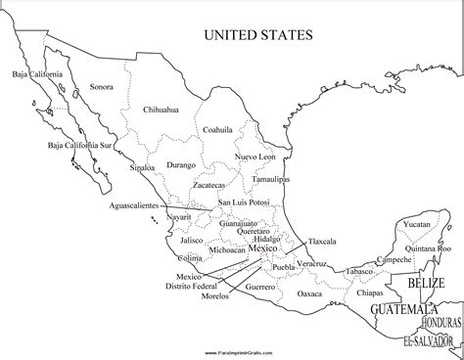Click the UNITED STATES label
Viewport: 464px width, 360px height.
[x=257, y=35]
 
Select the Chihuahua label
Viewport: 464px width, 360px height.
[x=161, y=110]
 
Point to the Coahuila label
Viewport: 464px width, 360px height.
[x=217, y=129]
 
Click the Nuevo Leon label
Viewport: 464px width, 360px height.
[x=259, y=157]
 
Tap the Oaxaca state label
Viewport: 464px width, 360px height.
[x=308, y=292]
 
